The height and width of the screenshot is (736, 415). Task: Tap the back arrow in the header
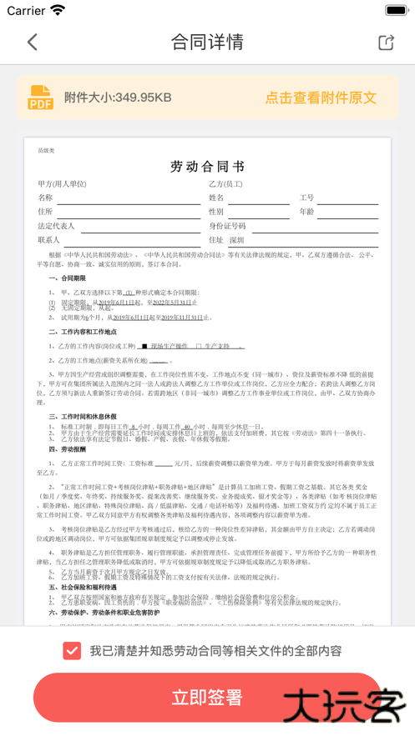pos(33,42)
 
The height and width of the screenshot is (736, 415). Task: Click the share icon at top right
pos(386,42)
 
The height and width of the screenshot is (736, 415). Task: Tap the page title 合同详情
pos(207,42)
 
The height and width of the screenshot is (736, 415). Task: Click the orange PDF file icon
pos(41,98)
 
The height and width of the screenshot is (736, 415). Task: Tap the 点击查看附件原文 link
pos(321,98)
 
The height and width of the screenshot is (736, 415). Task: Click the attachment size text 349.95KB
pos(118,98)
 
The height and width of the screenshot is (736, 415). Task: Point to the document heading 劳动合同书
pos(207,165)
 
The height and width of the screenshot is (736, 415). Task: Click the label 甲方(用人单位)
pos(62,183)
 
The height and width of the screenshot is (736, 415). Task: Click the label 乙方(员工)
pos(225,183)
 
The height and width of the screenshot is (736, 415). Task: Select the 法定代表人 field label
pos(56,226)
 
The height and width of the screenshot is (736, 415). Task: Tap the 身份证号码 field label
pos(227,226)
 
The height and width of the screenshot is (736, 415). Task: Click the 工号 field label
pos(306,198)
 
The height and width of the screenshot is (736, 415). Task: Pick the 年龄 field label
pos(306,212)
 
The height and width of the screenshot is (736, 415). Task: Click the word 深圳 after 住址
pos(236,240)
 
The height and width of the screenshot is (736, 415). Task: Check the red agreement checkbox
pos(72,650)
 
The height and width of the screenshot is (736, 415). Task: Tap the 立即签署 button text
pos(207,698)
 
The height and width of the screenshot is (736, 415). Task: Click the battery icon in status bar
pos(396,11)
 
